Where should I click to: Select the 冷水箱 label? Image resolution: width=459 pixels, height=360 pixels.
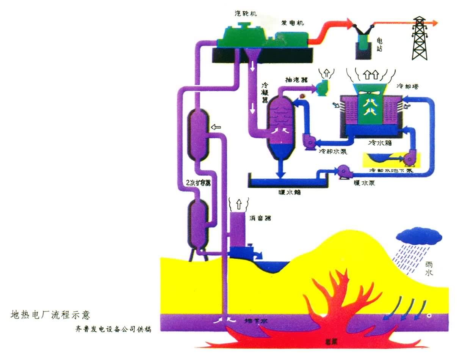pyautogui.click(x=379, y=144)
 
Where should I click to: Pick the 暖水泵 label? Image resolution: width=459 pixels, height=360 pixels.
pyautogui.click(x=364, y=182)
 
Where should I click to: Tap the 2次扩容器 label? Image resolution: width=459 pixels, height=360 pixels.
pyautogui.click(x=199, y=182)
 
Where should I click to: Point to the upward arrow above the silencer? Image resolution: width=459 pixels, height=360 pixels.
pyautogui.click(x=238, y=204)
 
